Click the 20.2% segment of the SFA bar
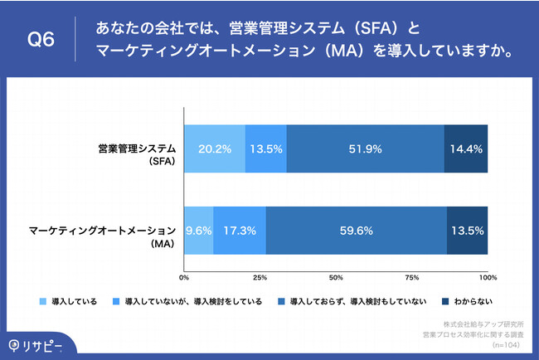pos(214,151)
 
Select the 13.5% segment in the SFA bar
pos(266,151)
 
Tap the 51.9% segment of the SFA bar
pos(365,151)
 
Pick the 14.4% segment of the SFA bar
pos(466,151)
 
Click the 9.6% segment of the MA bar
pos(198,229)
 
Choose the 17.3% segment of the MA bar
pos(240,229)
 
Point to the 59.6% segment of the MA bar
pos(357,229)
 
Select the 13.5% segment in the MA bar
pos(467,229)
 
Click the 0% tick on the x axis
pos(185,276)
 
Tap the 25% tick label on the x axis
pos(260,276)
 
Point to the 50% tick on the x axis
pos(336,276)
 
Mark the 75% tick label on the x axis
pos(411,276)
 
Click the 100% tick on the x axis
pos(487,276)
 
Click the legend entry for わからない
pos(473,302)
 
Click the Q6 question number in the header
pos(41,39)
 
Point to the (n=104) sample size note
pos(507,343)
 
